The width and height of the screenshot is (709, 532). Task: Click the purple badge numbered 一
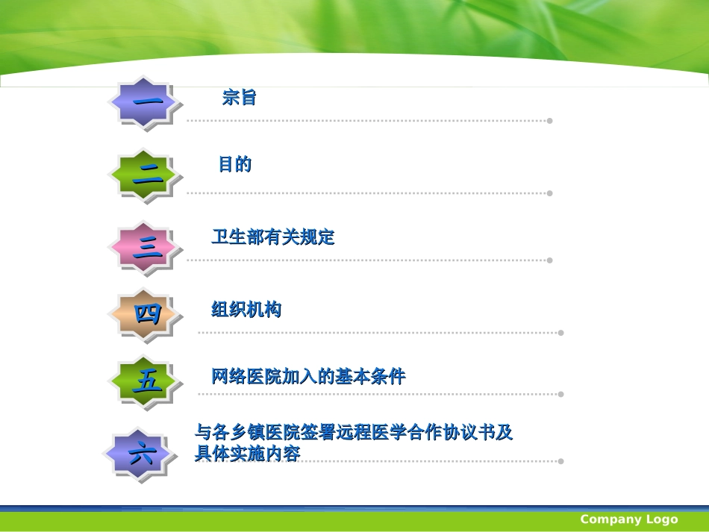[x=146, y=104]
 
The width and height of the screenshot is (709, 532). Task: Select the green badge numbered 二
[x=147, y=176]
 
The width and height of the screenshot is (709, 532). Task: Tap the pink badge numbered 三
[x=147, y=248]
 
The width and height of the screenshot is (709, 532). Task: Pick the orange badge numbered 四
[x=147, y=314]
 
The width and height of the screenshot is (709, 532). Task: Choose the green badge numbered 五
[x=147, y=383]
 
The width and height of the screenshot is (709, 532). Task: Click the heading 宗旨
[x=239, y=97]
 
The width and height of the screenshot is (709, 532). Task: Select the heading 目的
[x=234, y=164]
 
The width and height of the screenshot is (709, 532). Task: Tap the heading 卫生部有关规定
[x=273, y=237]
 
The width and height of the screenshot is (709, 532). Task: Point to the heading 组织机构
[x=246, y=310]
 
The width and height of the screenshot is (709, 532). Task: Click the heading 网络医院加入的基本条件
[x=308, y=377]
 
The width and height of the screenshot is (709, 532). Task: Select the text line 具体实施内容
[x=247, y=453]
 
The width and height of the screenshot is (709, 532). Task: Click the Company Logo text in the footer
[x=629, y=519]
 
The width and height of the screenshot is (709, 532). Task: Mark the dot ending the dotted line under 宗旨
[x=550, y=121]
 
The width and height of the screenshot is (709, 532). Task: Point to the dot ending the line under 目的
[x=550, y=193]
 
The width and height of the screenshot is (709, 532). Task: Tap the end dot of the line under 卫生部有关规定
[x=550, y=260]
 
